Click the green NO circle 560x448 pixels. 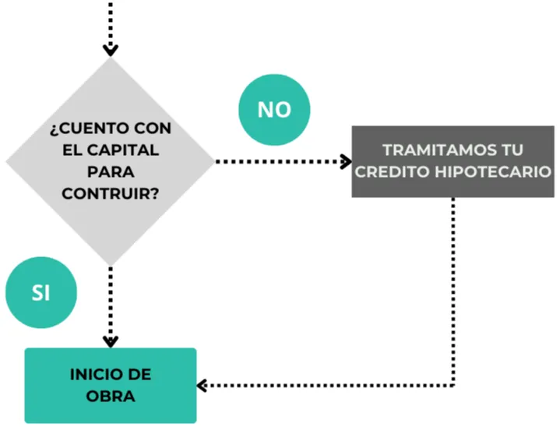pos(273,110)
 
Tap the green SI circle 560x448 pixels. pos(41,292)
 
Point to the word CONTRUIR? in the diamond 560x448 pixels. pos(110,192)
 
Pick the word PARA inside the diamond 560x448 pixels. pos(110,171)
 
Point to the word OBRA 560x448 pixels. pos(110,397)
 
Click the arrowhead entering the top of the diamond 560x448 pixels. pos(110,51)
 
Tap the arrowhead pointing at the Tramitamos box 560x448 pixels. pos(345,161)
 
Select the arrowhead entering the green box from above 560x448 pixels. pos(110,340)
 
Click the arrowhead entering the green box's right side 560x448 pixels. pos(203,385)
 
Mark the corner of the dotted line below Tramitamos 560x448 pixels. pos(453,385)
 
